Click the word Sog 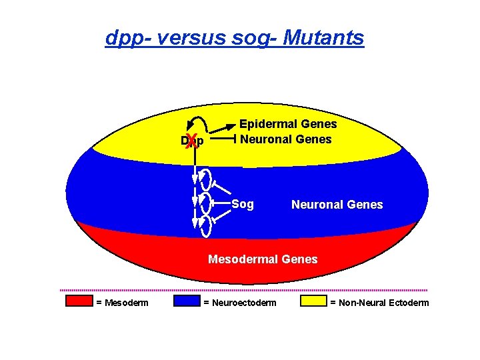pyautogui.click(x=243, y=204)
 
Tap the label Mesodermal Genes pyautogui.click(x=263, y=259)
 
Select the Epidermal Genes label pyautogui.click(x=288, y=124)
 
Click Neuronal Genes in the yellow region pyautogui.click(x=286, y=139)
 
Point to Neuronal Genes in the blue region pyautogui.click(x=337, y=205)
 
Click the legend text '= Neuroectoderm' pyautogui.click(x=239, y=303)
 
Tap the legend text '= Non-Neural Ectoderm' pyautogui.click(x=379, y=303)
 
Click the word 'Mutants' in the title pyautogui.click(x=323, y=37)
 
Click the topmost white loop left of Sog pyautogui.click(x=205, y=179)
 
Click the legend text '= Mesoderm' pyautogui.click(x=122, y=303)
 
